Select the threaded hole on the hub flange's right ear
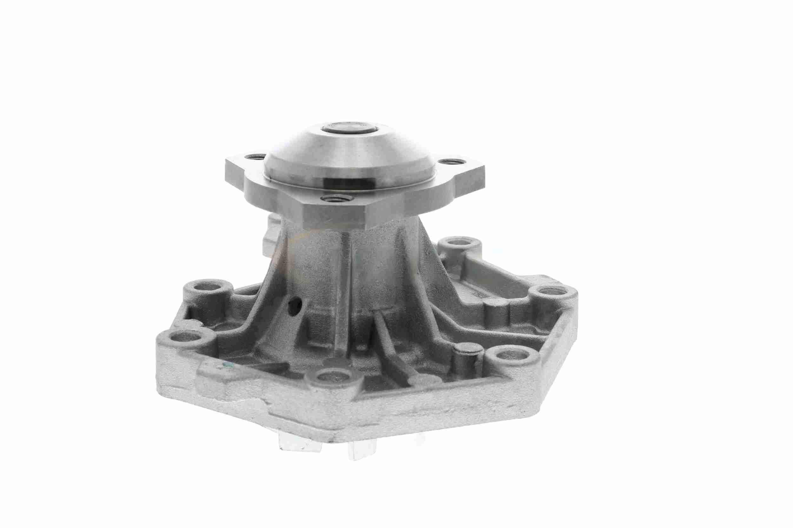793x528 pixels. [449, 163]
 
